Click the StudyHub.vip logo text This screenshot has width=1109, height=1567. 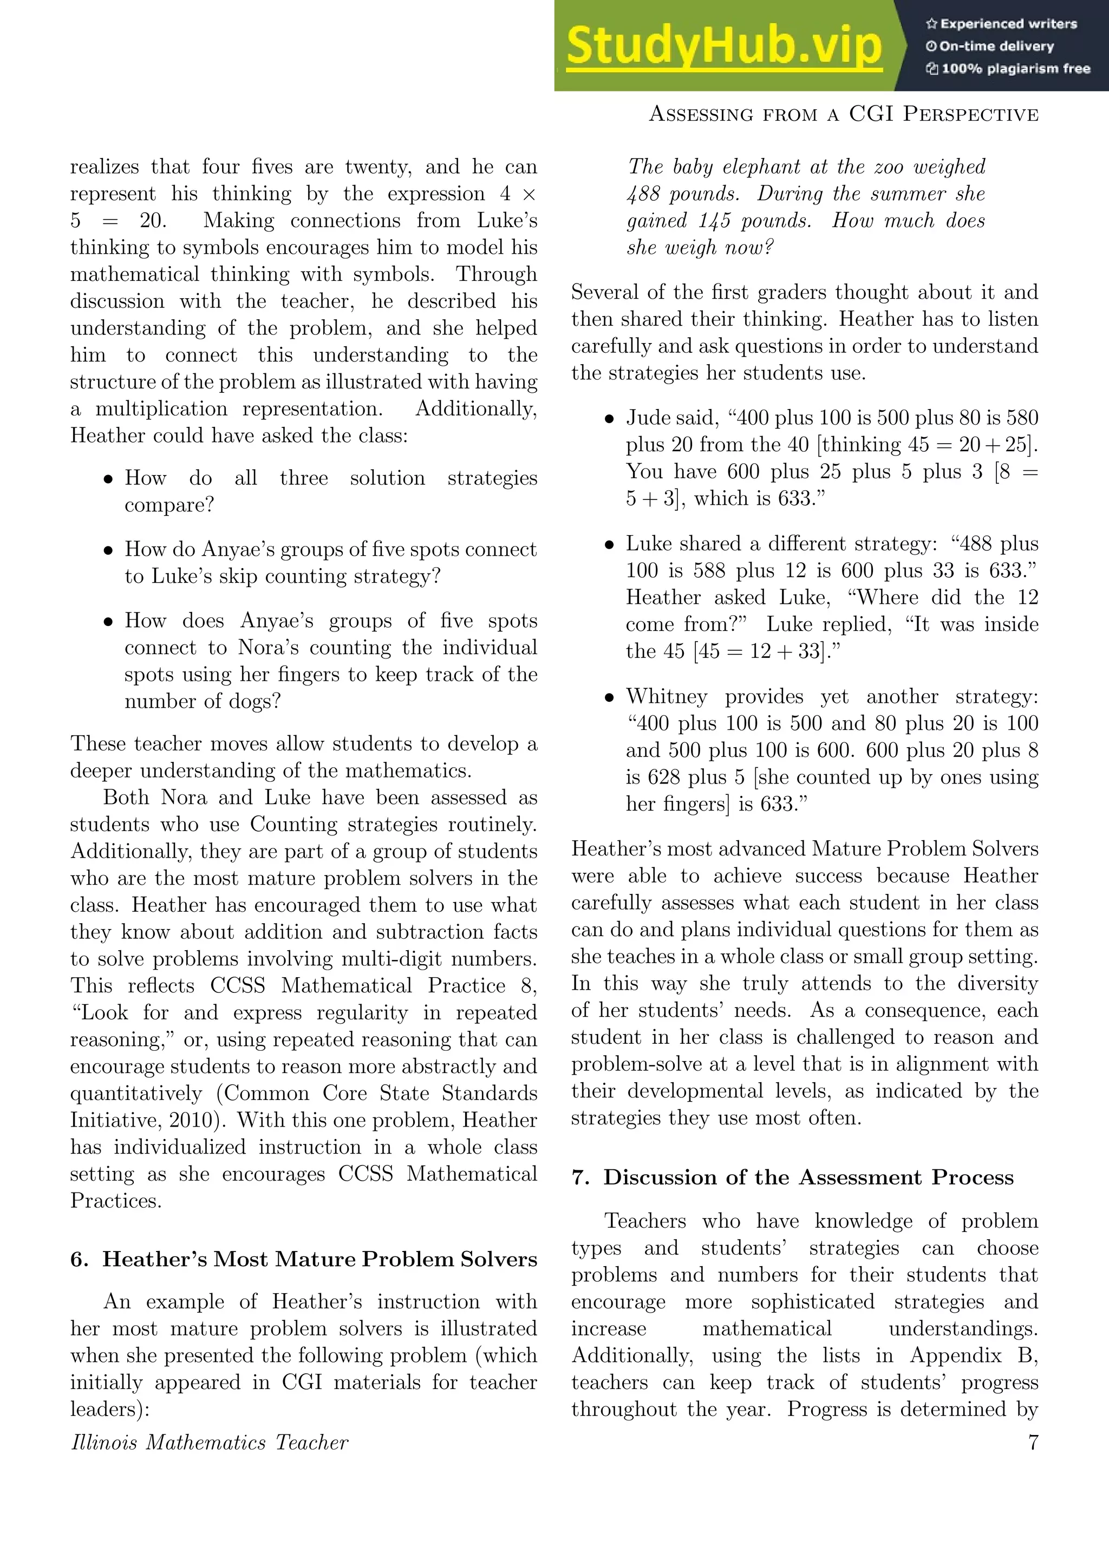click(x=724, y=47)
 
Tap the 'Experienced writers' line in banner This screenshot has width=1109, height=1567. click(x=1001, y=24)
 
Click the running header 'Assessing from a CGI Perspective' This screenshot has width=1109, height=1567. click(x=843, y=114)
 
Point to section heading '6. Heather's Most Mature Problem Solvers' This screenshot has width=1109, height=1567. click(x=303, y=1259)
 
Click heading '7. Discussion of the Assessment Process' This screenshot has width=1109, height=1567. click(x=792, y=1177)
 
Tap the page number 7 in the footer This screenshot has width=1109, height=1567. click(x=1033, y=1442)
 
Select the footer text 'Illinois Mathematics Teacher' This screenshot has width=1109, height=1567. click(x=209, y=1442)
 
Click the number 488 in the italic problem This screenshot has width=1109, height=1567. click(x=643, y=194)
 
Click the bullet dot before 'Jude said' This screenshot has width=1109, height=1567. click(x=609, y=419)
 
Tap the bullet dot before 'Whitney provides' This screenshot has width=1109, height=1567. click(x=609, y=697)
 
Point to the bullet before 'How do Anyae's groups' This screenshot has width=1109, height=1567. click(x=108, y=551)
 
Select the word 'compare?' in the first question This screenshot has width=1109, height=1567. click(x=168, y=505)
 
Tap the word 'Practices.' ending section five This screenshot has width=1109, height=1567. click(x=116, y=1201)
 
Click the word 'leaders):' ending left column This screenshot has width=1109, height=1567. click(x=109, y=1408)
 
